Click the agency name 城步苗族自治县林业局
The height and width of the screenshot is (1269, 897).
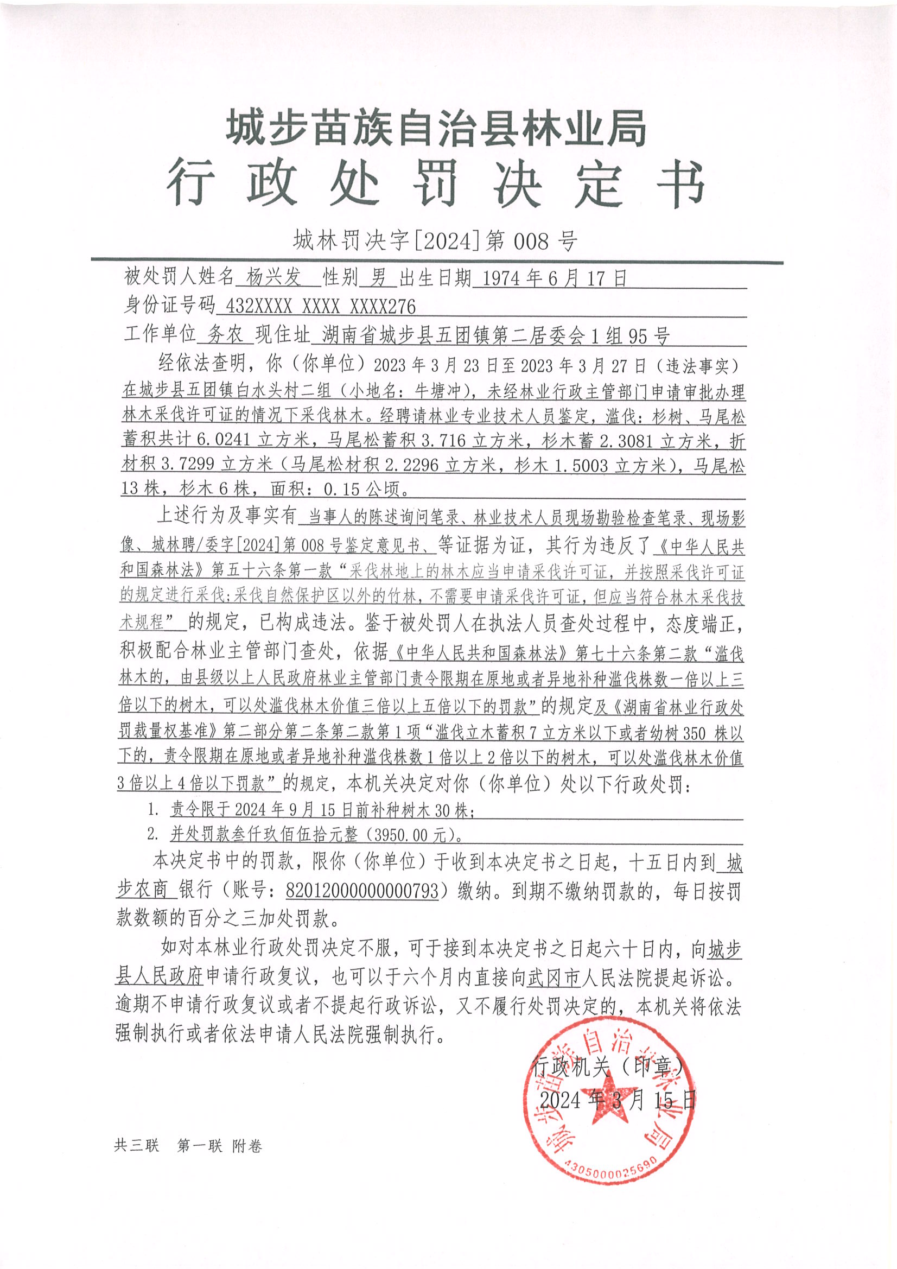click(436, 128)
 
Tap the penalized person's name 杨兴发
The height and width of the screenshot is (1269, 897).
click(274, 277)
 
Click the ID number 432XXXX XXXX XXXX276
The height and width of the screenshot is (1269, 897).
click(317, 307)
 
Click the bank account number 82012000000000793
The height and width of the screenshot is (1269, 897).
click(362, 890)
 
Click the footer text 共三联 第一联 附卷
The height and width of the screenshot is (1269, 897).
click(188, 1146)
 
